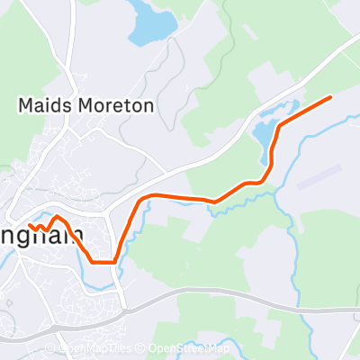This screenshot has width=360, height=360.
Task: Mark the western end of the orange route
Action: tap(30, 225)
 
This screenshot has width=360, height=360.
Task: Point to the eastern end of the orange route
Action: tap(331, 96)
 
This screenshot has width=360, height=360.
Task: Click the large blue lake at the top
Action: tap(148, 22)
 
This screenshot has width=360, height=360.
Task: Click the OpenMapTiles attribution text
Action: tap(95, 349)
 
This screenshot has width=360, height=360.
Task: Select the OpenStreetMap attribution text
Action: tap(189, 349)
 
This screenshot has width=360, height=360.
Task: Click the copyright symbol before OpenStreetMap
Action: tap(142, 349)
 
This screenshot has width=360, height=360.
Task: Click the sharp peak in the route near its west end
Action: tap(58, 217)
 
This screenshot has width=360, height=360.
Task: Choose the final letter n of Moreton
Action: tap(148, 104)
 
